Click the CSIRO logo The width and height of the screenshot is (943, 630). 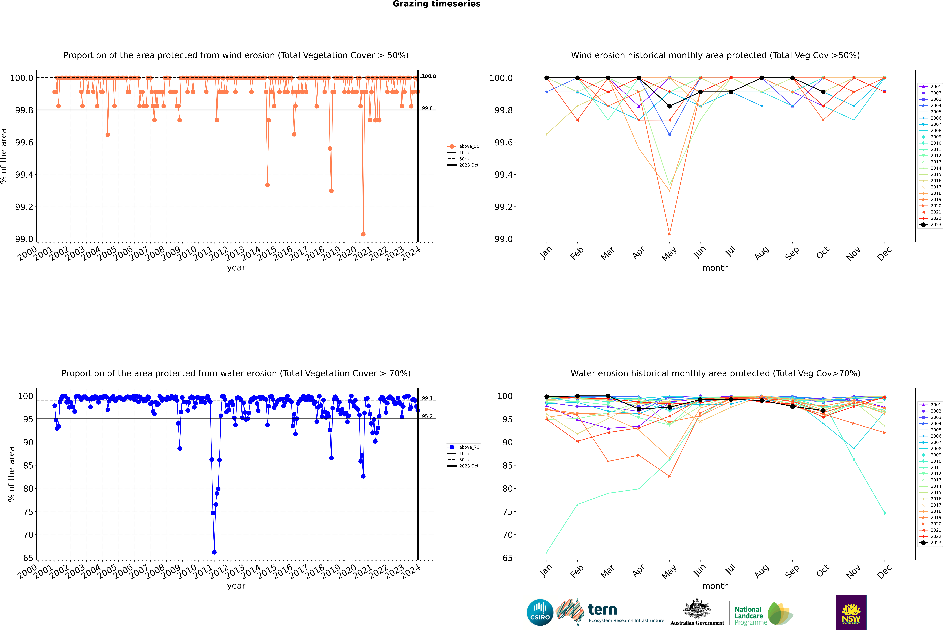pyautogui.click(x=540, y=612)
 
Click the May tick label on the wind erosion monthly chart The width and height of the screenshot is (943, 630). pyautogui.click(x=669, y=254)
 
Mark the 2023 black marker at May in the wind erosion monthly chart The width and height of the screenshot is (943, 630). pyautogui.click(x=669, y=106)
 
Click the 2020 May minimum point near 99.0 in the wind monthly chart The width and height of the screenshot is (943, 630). pyautogui.click(x=669, y=234)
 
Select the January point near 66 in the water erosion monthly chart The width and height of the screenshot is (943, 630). pyautogui.click(x=547, y=552)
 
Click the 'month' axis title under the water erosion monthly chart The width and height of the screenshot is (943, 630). pyautogui.click(x=715, y=586)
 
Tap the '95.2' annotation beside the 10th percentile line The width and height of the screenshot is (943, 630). pyautogui.click(x=427, y=416)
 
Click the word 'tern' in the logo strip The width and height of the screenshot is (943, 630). pyautogui.click(x=602, y=610)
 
